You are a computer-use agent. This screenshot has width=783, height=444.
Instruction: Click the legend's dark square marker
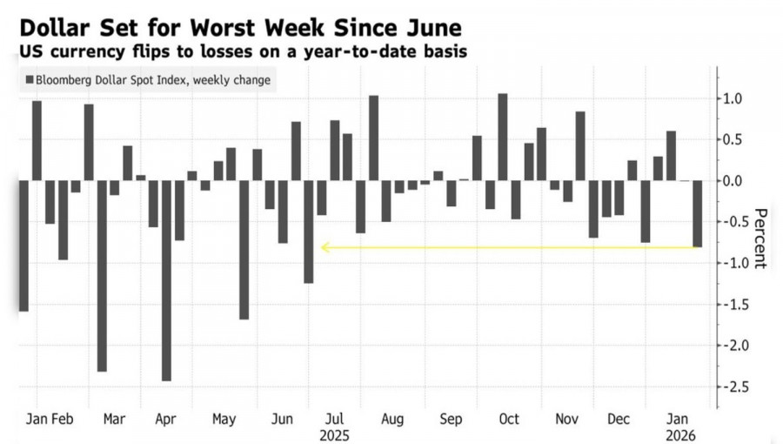(30, 80)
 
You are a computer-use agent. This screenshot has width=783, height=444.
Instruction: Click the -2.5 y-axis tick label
(736, 387)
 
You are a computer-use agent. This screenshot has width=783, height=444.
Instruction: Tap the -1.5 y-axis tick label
(736, 305)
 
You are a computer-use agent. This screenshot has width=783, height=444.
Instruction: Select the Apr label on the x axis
(165, 419)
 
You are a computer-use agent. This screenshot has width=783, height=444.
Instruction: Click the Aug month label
(392, 419)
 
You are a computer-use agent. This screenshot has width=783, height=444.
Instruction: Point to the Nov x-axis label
(566, 419)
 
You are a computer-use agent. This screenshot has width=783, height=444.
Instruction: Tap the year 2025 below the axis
(335, 434)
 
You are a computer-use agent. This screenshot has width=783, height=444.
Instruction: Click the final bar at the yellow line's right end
(697, 213)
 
